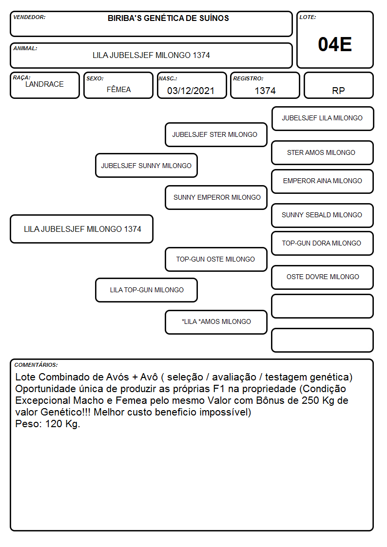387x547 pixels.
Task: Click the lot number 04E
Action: coord(335,44)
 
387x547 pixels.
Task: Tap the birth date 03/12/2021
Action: coord(191,91)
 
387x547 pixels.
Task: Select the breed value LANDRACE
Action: coord(44,84)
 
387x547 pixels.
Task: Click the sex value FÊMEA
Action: coord(118,89)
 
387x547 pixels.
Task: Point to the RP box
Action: coord(338,85)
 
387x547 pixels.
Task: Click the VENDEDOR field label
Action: coord(29,17)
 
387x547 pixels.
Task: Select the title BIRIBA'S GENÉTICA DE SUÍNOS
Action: coord(168,18)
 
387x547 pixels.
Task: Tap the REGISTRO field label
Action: coord(248,78)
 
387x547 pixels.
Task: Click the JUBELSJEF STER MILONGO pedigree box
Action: coord(216,134)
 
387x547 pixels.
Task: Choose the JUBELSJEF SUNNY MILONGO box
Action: coord(146,165)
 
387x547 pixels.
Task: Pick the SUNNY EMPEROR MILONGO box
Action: coord(216,197)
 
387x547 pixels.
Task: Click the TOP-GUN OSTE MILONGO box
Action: coord(216,259)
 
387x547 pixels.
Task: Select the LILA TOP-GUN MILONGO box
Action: coord(146,290)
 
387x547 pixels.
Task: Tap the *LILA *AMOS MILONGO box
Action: coord(216,322)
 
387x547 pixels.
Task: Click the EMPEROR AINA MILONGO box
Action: coord(323,181)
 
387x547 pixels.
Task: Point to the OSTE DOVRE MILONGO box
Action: coord(323,277)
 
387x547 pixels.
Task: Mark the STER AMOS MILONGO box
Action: coord(323,152)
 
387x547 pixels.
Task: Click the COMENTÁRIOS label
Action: coord(36,365)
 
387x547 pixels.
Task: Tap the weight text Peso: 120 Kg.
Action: coord(48,424)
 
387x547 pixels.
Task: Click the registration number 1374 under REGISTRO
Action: coord(265,91)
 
